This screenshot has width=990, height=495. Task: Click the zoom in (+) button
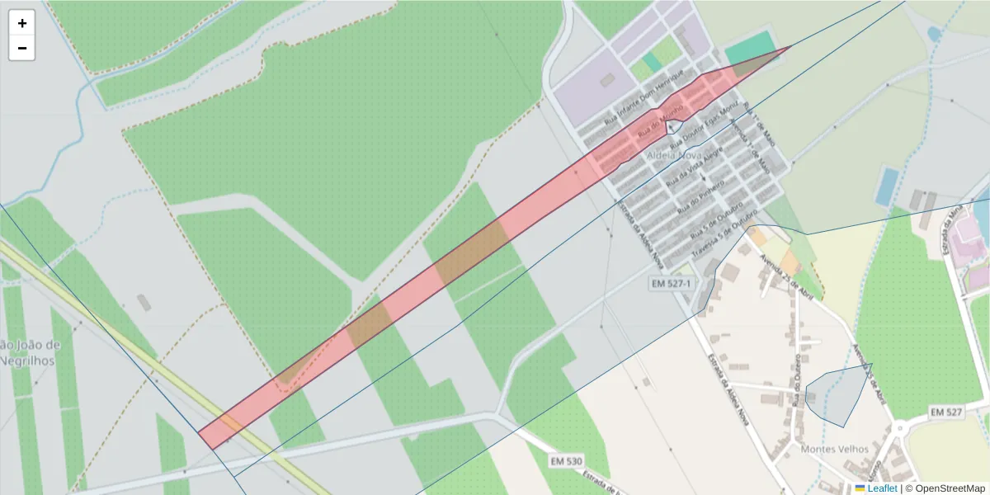click(22, 23)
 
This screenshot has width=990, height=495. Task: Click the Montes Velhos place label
click(834, 449)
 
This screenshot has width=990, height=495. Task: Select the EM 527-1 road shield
click(671, 284)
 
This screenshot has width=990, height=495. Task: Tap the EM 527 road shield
click(946, 411)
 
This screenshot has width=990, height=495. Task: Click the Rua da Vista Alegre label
click(695, 165)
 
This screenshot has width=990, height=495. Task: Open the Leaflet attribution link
click(881, 488)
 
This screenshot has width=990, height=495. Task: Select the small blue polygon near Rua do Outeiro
click(837, 396)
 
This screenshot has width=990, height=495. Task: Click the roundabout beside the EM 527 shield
click(902, 430)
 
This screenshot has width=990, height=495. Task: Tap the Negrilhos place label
click(27, 361)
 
